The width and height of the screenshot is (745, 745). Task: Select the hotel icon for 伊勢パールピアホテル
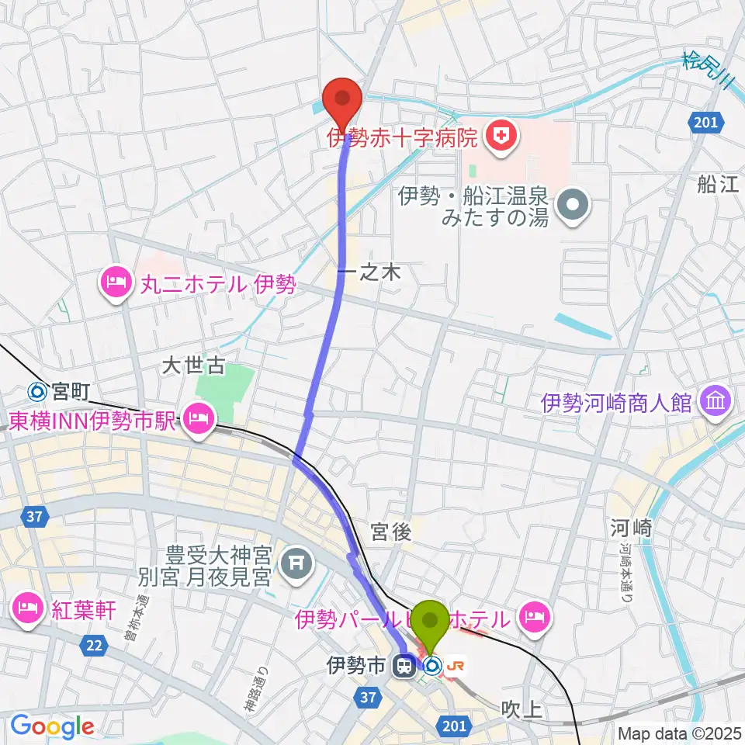[535, 619]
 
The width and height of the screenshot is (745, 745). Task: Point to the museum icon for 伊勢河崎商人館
[712, 401]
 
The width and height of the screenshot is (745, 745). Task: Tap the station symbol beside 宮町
[36, 392]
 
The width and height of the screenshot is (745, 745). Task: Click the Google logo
[52, 727]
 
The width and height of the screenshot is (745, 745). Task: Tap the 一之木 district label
[369, 272]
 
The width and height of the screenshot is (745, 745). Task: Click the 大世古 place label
[194, 364]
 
